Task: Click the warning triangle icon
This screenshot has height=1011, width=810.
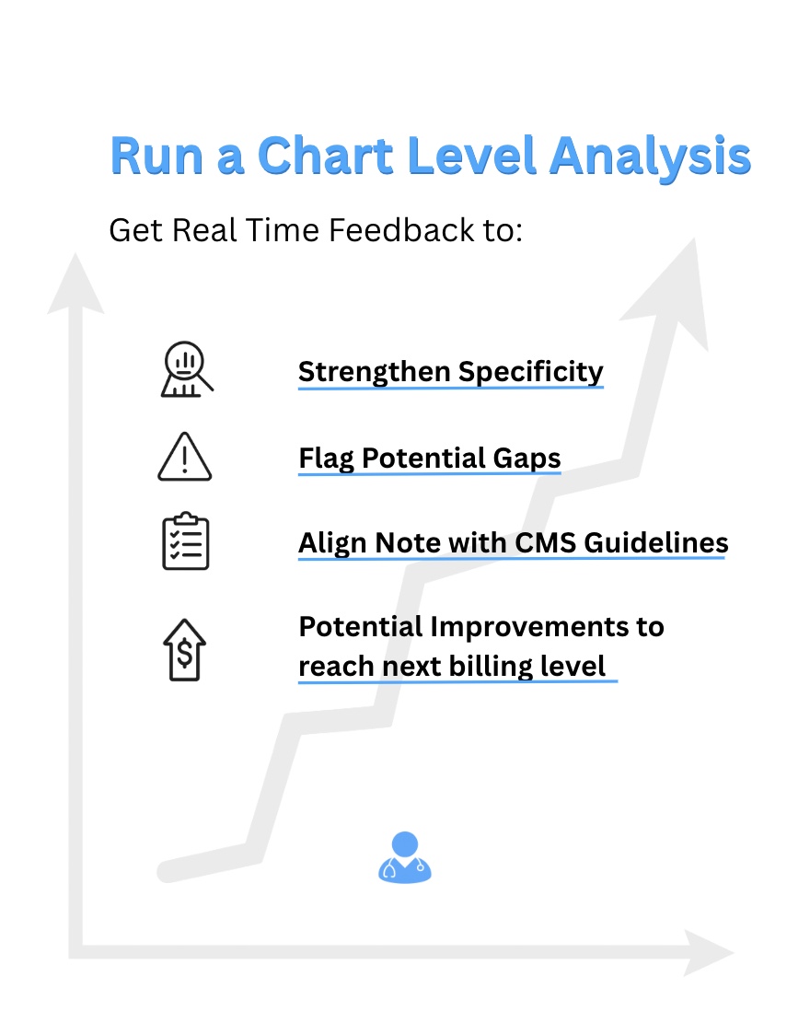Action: point(184,457)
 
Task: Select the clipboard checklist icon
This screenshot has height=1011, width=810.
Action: point(185,541)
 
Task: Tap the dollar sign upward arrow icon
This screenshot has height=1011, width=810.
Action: point(185,649)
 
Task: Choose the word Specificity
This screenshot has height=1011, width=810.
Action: point(531,372)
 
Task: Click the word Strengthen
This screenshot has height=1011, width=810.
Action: point(375,372)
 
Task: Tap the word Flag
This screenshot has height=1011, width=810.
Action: point(327,458)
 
